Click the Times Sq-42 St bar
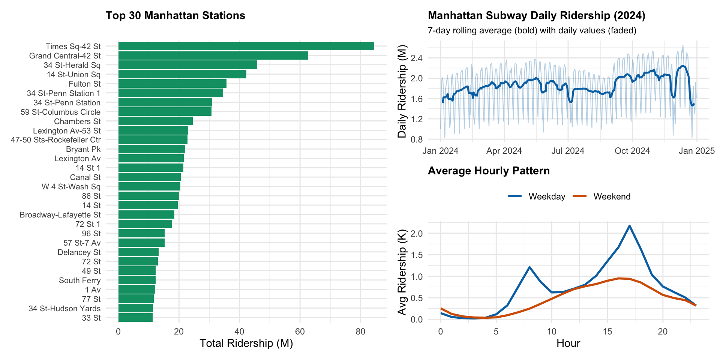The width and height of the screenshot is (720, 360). (x=246, y=46)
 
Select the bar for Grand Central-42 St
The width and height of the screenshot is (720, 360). (x=213, y=55)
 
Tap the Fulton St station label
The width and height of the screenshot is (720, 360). (x=84, y=84)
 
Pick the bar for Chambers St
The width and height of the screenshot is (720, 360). (x=155, y=121)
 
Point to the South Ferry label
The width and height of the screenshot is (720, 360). (x=79, y=280)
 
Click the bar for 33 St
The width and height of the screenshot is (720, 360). (x=135, y=318)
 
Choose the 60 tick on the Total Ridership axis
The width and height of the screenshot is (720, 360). (x=300, y=332)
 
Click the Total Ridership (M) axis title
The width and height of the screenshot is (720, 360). (x=246, y=343)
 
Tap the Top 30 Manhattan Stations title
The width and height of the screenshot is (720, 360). (x=175, y=15)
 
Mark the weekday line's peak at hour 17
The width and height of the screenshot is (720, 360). (x=629, y=226)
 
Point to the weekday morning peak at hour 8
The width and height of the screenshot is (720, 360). (x=529, y=267)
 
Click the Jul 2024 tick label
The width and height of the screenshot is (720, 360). (x=568, y=151)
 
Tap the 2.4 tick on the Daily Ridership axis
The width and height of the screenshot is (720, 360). (x=416, y=58)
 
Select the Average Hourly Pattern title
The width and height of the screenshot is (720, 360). (x=488, y=171)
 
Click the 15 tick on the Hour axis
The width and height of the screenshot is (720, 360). (x=607, y=332)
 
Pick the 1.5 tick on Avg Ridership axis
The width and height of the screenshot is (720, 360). (x=416, y=255)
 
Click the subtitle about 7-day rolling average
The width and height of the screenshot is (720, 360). (x=532, y=30)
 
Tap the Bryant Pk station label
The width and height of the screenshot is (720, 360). (x=83, y=149)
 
